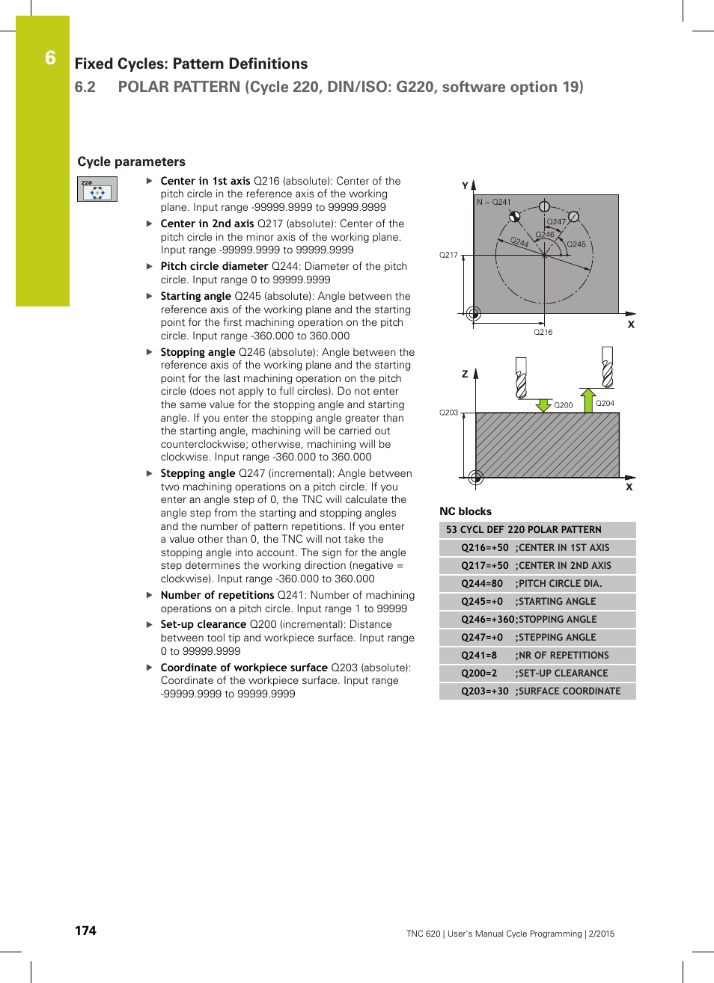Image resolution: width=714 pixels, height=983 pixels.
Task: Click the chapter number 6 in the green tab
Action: point(50,58)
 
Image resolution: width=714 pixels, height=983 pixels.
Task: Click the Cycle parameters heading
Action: point(131,161)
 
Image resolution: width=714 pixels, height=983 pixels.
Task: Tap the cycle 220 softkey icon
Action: point(97,189)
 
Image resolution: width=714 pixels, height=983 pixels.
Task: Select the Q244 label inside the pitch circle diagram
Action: point(519,241)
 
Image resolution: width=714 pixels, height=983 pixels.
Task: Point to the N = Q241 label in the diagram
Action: point(494,202)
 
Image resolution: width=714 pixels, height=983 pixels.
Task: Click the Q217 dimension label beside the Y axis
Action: point(448,255)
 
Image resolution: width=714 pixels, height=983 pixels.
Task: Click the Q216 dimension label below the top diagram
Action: point(543,332)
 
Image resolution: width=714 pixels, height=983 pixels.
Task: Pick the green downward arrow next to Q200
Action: point(543,404)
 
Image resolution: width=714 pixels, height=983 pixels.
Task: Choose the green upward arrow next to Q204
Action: point(588,400)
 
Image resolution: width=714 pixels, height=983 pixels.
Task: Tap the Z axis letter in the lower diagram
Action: point(465,374)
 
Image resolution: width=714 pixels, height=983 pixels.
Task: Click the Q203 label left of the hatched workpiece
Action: point(448,413)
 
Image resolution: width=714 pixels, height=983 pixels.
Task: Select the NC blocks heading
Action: point(466,511)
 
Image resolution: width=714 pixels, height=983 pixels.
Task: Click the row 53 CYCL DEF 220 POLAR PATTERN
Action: point(524,530)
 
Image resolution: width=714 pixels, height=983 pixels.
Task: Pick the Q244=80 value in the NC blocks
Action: point(482,584)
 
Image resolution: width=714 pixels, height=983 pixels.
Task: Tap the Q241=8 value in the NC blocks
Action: point(479,656)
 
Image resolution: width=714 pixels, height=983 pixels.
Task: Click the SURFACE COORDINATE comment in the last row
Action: point(569,691)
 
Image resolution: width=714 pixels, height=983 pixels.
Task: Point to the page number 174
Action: point(85,931)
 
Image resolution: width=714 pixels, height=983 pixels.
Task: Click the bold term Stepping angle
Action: point(198,473)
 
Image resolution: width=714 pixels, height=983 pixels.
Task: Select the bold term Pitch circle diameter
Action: point(214,266)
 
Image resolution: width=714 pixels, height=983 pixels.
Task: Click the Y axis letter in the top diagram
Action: point(465,185)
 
